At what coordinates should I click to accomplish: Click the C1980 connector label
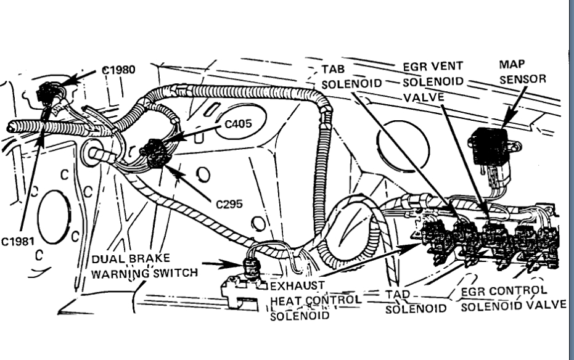118,69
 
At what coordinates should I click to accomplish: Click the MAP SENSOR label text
522,72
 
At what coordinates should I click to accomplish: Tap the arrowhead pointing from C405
166,141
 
